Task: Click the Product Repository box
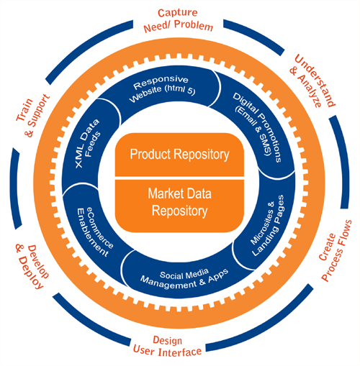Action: coord(179,155)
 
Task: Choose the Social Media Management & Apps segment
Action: coord(185,278)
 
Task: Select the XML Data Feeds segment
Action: coord(88,144)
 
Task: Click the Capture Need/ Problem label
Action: coord(178,20)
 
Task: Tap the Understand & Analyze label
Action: coord(312,81)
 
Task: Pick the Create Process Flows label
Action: coord(335,250)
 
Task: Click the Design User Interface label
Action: coord(167,347)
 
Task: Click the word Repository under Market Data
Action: coord(179,211)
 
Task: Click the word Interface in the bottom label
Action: coord(180,352)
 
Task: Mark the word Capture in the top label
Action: coord(178,12)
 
